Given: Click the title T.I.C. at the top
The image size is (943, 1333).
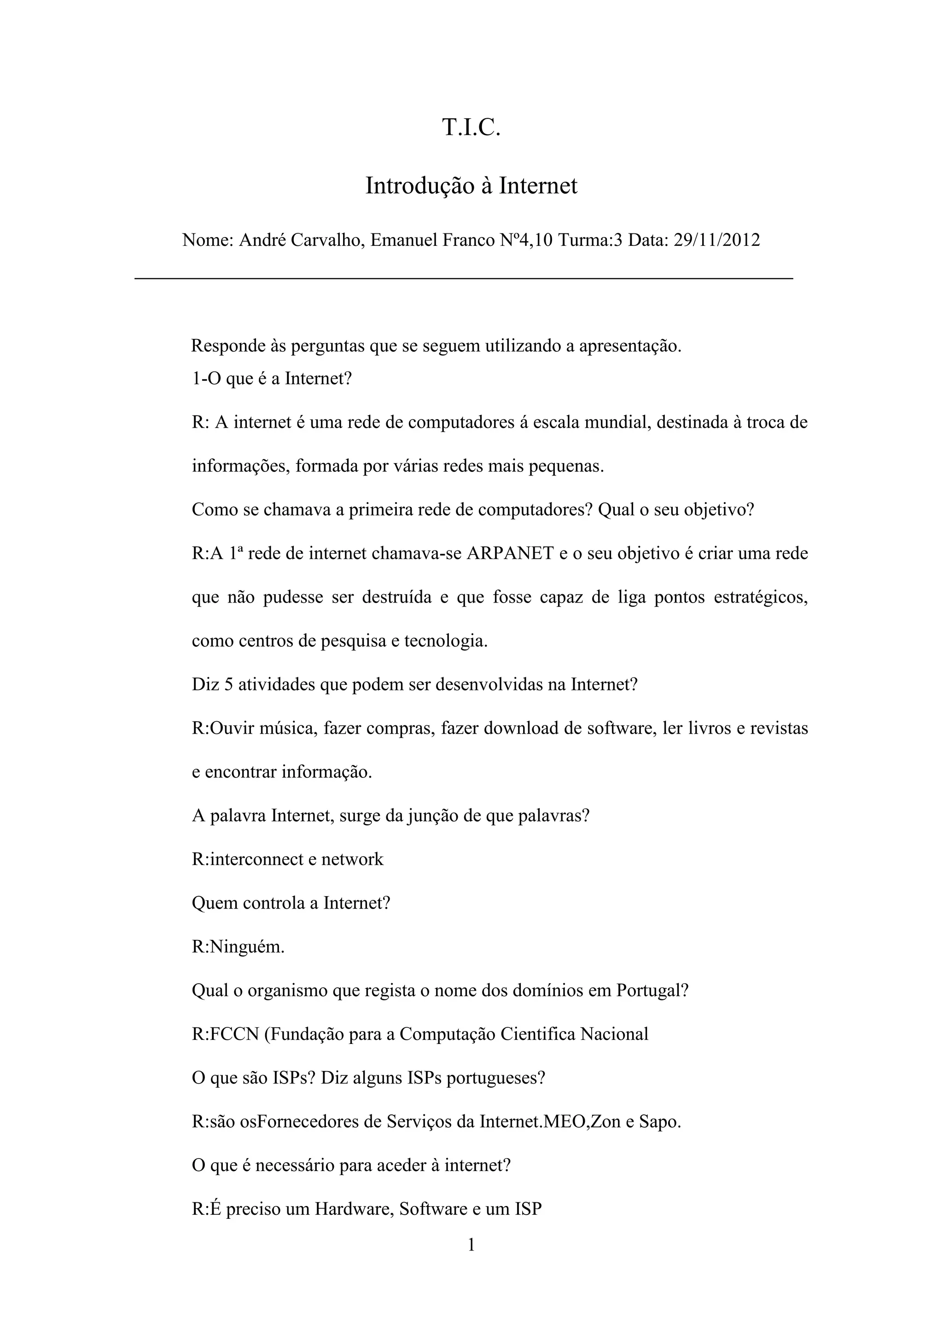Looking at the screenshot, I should pyautogui.click(x=471, y=128).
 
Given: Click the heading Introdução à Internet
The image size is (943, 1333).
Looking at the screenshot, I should pyautogui.click(x=471, y=186).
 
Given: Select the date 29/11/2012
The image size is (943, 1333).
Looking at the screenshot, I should pyautogui.click(x=716, y=240).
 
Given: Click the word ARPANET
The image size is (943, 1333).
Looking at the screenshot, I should pyautogui.click(x=510, y=553).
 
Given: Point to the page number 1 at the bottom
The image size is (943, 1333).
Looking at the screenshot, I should pyautogui.click(x=471, y=1244).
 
